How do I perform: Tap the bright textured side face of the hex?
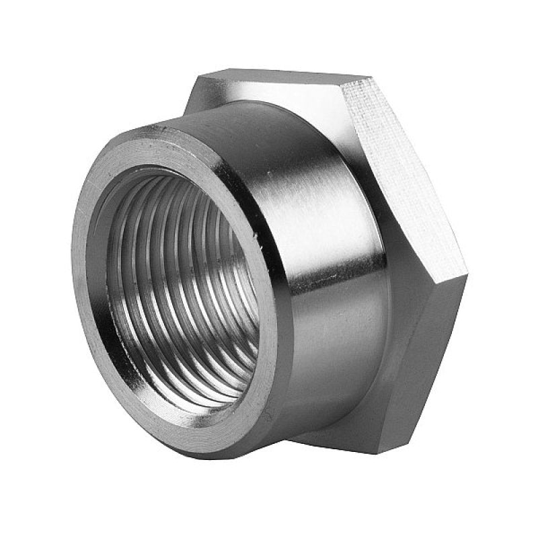click(x=403, y=168)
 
